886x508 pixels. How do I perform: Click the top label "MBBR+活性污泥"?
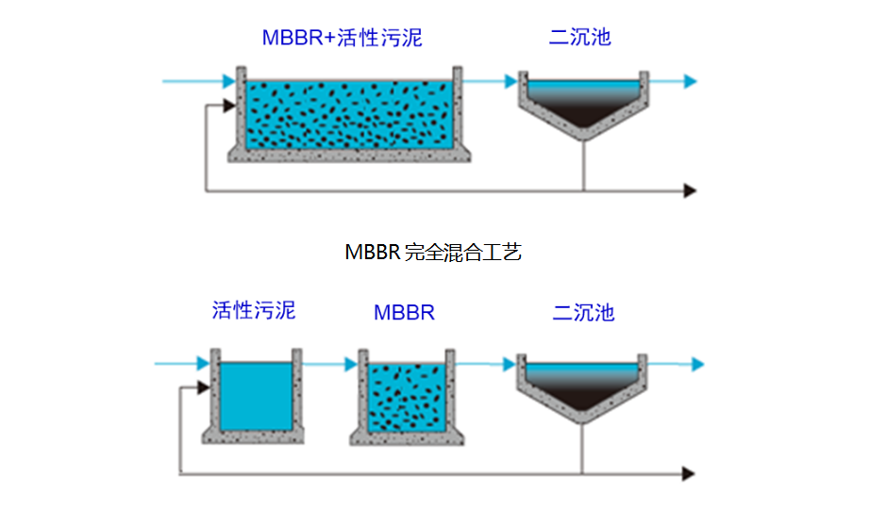click(x=342, y=39)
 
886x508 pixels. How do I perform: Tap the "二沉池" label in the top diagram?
click(x=580, y=38)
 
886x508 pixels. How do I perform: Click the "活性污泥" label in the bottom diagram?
click(x=253, y=310)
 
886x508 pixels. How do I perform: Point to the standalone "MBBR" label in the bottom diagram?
click(x=404, y=313)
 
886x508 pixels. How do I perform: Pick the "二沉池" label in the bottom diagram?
click(x=583, y=312)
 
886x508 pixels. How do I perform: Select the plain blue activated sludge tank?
click(x=255, y=396)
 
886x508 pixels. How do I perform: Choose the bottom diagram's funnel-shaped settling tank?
click(x=581, y=386)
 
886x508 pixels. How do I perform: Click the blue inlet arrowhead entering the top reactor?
click(x=227, y=82)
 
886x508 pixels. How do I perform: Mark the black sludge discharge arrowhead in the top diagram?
click(x=690, y=190)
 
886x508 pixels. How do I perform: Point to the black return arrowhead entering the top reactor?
click(x=227, y=106)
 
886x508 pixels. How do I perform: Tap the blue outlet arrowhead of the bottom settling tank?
click(x=697, y=364)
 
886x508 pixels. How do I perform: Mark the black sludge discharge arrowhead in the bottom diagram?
click(x=689, y=472)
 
